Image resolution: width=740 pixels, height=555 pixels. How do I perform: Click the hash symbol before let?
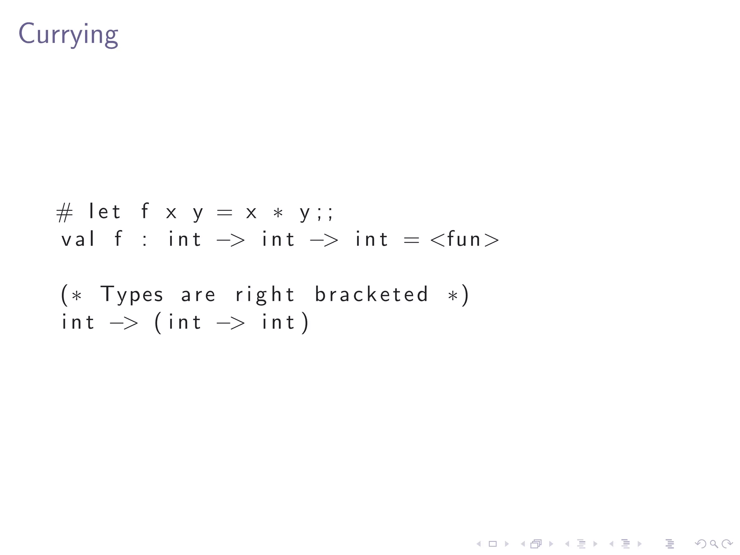[64, 212]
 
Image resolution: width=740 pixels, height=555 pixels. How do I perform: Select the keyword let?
[104, 212]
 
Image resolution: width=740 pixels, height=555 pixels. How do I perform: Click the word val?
[78, 239]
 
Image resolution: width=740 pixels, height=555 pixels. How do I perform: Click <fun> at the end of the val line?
[465, 239]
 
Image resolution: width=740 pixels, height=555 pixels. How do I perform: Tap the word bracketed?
[371, 294]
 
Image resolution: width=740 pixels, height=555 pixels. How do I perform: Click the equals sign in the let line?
[224, 212]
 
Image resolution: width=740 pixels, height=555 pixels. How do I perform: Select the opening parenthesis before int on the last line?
[158, 322]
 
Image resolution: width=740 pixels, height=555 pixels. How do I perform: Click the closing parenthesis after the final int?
[305, 322]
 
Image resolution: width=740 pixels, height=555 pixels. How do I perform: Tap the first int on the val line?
[185, 239]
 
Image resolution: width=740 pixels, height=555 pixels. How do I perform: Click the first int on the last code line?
[78, 322]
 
